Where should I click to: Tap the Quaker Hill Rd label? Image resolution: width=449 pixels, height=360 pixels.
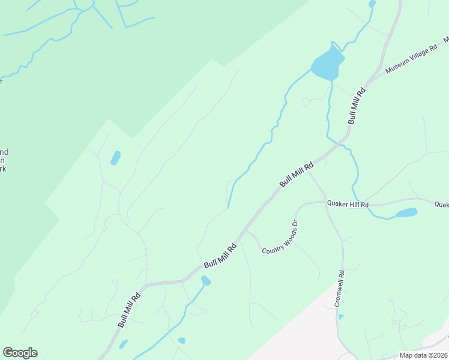pyautogui.click(x=348, y=203)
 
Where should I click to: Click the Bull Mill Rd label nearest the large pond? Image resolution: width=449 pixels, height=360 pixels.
pyautogui.click(x=357, y=106)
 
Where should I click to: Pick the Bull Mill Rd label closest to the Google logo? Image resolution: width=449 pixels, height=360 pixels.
pyautogui.click(x=129, y=309)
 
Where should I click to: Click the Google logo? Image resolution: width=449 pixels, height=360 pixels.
pyautogui.click(x=20, y=353)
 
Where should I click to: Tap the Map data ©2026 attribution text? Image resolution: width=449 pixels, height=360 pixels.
pyautogui.click(x=423, y=355)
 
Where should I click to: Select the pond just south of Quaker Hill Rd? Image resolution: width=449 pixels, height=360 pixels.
pyautogui.click(x=406, y=212)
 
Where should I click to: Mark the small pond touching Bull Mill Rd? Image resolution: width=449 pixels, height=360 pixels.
pyautogui.click(x=206, y=280)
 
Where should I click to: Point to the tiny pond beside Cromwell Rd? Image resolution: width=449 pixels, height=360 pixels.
pyautogui.click(x=341, y=316)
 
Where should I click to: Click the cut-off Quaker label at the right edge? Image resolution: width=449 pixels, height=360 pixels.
pyautogui.click(x=441, y=204)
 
